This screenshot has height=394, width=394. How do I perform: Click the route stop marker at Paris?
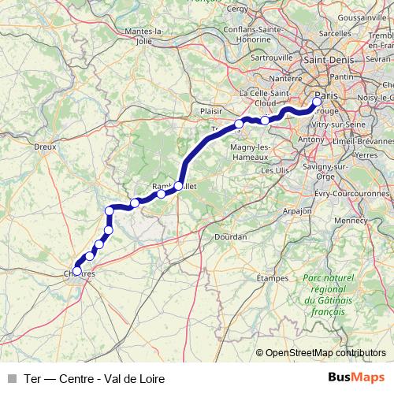tap(318, 101)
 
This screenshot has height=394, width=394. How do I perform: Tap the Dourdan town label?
tap(230, 236)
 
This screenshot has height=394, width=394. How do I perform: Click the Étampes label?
tap(273, 278)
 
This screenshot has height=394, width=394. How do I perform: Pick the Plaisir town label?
tap(212, 112)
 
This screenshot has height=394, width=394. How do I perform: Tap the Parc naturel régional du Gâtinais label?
tap(324, 295)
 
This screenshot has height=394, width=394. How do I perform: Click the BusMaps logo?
tap(356, 378)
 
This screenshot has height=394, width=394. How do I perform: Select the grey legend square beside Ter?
tap(10, 379)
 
